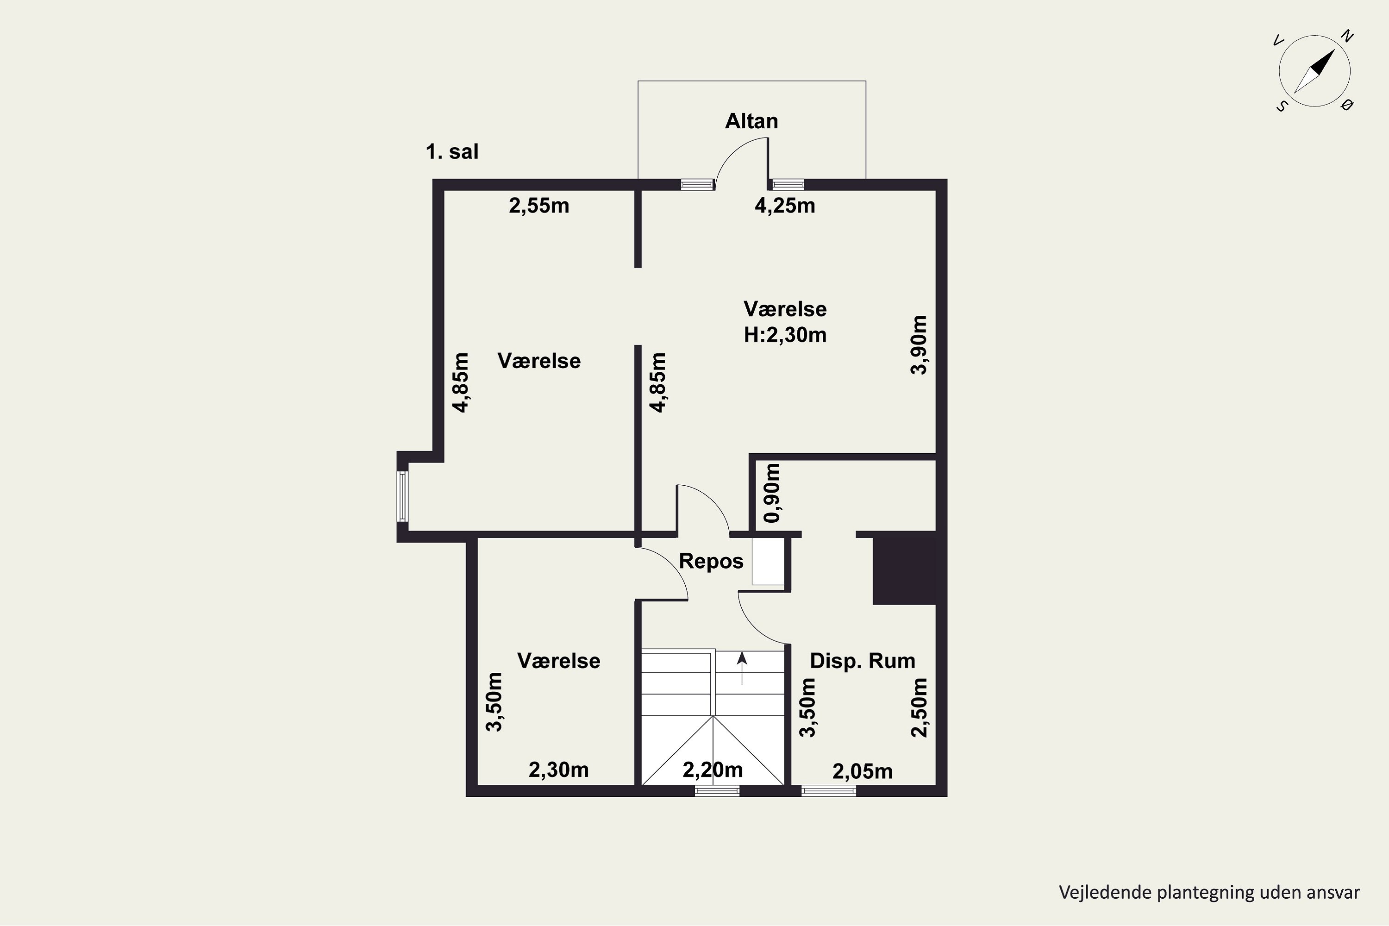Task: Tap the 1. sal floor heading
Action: tap(452, 152)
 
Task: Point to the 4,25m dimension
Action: tap(785, 206)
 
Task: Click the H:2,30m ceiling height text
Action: tap(785, 335)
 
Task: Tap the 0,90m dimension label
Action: tap(771, 493)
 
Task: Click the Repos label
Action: tap(711, 561)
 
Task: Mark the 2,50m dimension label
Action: tap(919, 707)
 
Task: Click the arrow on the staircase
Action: tap(742, 669)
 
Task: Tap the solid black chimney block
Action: tap(904, 568)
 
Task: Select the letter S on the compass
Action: tap(1282, 106)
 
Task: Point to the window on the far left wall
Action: tap(402, 496)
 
